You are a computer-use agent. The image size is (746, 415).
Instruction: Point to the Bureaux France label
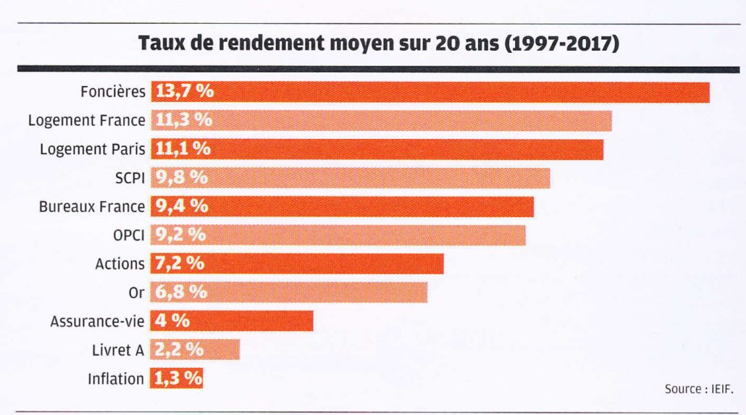pos(92,206)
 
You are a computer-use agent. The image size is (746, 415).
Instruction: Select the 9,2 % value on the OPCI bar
pos(180,235)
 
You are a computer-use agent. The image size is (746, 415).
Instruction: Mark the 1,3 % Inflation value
pos(177,378)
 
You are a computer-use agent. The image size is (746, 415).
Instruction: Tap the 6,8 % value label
pos(180,293)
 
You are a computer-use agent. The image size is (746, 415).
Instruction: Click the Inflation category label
pos(116,379)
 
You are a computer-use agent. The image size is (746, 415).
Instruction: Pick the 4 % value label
pos(170,321)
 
